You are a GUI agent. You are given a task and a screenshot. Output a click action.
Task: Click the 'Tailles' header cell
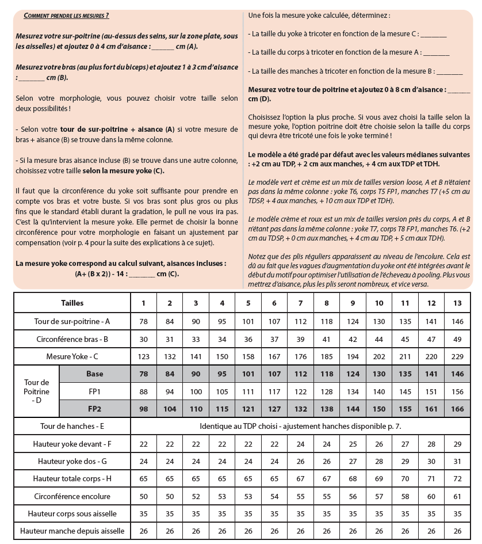coord(72,303)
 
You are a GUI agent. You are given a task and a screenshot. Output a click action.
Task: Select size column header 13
coord(458,303)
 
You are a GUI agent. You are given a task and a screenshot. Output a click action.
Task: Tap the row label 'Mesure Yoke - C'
coord(72,356)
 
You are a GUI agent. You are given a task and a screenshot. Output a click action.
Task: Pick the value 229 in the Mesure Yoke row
coord(458,356)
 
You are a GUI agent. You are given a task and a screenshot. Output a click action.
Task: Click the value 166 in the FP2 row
coord(458,409)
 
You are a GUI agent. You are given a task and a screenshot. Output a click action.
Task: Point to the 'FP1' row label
coord(95,391)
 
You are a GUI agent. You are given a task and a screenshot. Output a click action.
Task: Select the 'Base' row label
coord(95,374)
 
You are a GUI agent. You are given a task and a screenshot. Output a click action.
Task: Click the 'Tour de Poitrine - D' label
coord(37,391)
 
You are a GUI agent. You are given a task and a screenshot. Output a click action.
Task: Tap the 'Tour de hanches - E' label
coord(72,427)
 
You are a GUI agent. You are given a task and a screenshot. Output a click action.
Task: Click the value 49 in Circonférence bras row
coord(458,338)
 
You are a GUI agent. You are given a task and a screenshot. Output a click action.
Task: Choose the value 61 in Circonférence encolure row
coord(458,496)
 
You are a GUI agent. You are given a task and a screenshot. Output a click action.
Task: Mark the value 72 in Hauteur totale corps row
coord(458,478)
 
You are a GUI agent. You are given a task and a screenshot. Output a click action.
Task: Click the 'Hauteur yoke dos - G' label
coord(72,461)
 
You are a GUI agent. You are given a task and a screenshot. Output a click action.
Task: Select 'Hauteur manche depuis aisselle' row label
coord(72,531)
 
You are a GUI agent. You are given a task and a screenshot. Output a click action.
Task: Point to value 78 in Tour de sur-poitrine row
coord(143,321)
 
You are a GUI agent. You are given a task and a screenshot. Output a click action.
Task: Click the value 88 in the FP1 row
coord(143,391)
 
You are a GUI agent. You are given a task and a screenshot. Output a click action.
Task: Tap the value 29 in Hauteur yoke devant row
coord(458,444)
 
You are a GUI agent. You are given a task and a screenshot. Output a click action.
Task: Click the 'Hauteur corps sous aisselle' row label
coord(72,513)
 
